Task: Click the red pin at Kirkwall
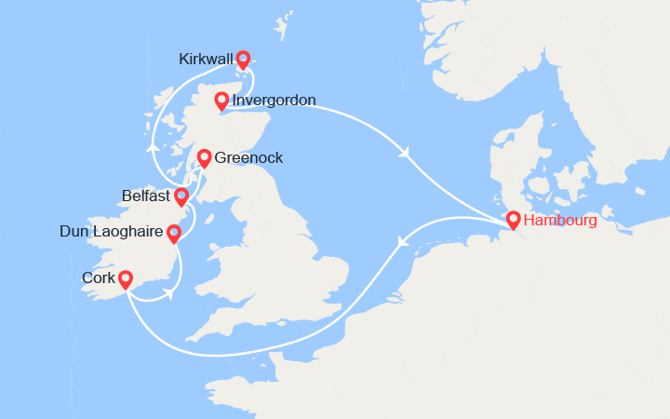[x=243, y=59]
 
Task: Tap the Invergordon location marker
[x=221, y=100]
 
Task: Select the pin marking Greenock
[x=204, y=157]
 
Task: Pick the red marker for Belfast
[x=181, y=196]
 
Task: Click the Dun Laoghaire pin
[x=173, y=231]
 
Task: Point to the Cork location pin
[x=125, y=277]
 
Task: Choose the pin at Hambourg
[x=513, y=220]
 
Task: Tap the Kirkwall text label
[x=205, y=60]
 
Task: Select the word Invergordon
[x=275, y=101]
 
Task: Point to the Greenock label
[x=248, y=158]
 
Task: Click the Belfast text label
[x=146, y=196]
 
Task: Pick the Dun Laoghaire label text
[x=109, y=232]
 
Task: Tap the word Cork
[x=99, y=278]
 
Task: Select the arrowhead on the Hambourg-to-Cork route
[x=402, y=242]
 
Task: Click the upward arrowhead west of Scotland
[x=152, y=146]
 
